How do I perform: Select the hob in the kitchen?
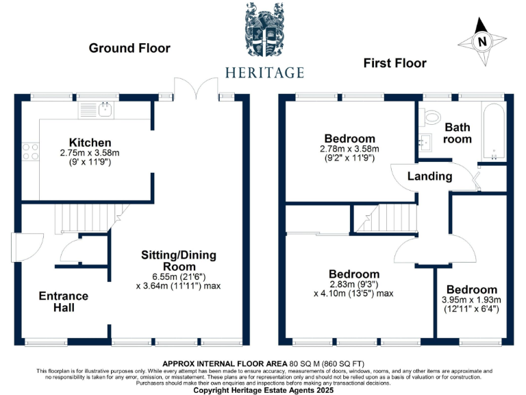[31, 151]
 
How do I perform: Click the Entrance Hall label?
[63, 302]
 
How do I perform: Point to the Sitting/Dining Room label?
[178, 261]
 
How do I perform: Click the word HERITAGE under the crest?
[264, 73]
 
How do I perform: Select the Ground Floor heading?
[129, 48]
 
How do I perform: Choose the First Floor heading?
[394, 63]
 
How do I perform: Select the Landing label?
[429, 176]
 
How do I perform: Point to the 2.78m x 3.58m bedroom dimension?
[350, 149]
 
